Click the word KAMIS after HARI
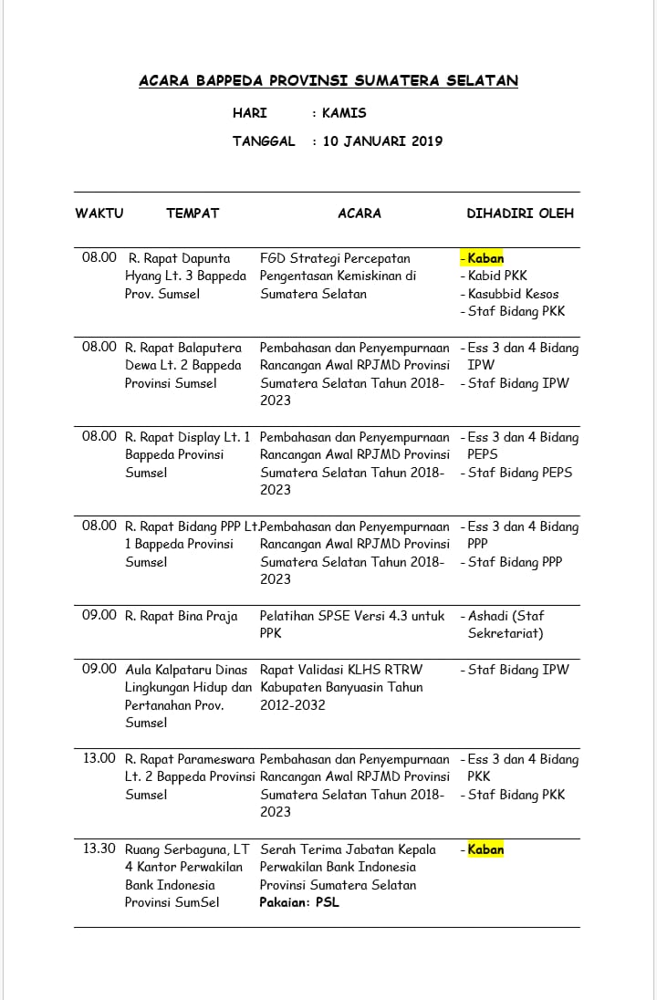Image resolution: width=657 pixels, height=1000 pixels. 344,113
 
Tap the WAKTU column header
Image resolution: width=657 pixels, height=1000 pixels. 99,214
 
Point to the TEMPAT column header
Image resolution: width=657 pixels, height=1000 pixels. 193,214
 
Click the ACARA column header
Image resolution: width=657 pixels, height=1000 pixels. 360,214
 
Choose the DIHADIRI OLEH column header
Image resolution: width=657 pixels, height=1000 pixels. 520,214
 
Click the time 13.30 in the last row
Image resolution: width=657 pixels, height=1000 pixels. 99,849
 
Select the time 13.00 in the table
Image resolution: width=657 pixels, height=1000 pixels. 99,759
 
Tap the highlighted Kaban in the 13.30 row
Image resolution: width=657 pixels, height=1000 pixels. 485,849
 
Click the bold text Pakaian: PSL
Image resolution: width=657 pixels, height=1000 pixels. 299,902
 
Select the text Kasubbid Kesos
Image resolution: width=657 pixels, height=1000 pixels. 513,294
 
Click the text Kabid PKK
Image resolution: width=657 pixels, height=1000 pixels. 497,276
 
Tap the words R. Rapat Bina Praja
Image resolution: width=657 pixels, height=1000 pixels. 181,616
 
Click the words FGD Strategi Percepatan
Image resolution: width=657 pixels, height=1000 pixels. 335,258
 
